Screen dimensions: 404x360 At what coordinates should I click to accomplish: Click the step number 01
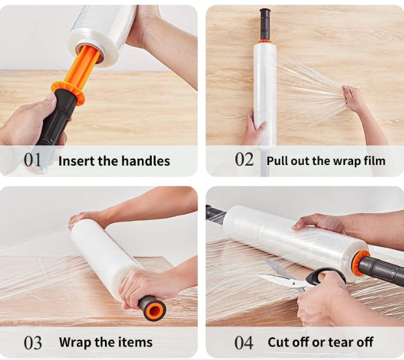(x=33, y=160)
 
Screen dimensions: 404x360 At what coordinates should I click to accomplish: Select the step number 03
(x=33, y=343)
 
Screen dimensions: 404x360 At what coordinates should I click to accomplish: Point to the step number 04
(x=244, y=343)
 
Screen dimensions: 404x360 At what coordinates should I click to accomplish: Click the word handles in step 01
(x=145, y=161)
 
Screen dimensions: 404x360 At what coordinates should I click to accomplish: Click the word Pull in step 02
(x=276, y=161)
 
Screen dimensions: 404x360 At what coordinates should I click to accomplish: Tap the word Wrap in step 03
(x=75, y=342)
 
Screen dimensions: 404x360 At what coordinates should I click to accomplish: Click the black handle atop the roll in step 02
(x=265, y=24)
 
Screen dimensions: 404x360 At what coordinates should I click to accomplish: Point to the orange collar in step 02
(x=265, y=42)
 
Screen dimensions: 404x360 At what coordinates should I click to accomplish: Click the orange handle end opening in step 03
(x=154, y=309)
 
